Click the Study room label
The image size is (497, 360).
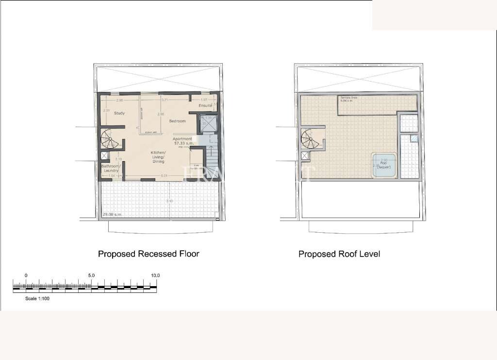(119, 113)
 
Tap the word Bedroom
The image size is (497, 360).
(177, 121)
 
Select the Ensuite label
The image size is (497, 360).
(205, 105)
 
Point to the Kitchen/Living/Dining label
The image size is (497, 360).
(158, 157)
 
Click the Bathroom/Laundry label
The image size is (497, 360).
(111, 168)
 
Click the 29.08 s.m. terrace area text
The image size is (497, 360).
(112, 214)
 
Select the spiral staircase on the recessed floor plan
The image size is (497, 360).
(110, 139)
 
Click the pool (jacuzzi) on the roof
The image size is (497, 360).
(384, 165)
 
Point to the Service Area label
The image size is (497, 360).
(348, 98)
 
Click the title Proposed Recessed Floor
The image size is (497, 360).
(149, 254)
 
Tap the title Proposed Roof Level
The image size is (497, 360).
(339, 254)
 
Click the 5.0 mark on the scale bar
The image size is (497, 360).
(91, 275)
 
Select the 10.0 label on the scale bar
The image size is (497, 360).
(155, 275)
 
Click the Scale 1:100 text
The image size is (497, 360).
(37, 299)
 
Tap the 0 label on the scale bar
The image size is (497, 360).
(26, 275)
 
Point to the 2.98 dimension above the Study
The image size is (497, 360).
(119, 100)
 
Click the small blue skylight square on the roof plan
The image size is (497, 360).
(414, 138)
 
